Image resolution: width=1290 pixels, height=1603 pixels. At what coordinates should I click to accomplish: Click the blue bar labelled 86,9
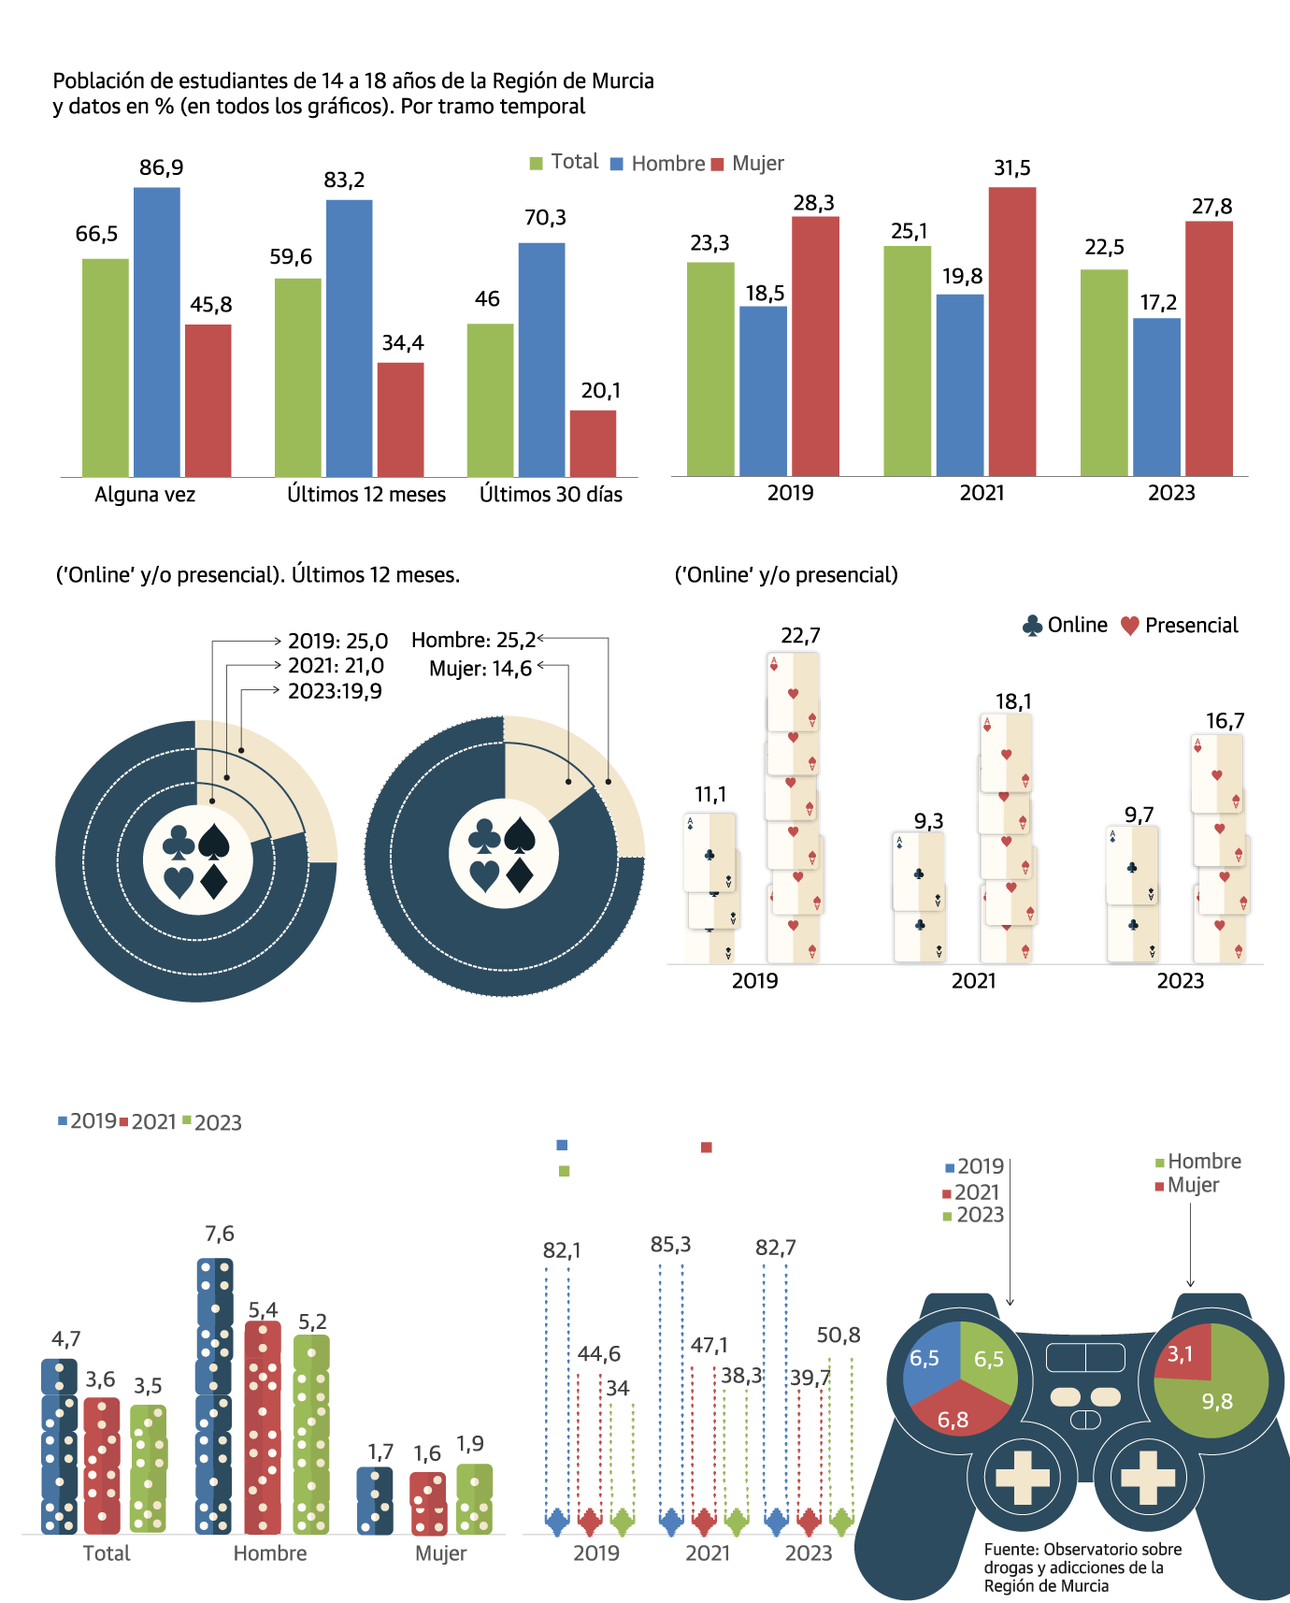coord(157,332)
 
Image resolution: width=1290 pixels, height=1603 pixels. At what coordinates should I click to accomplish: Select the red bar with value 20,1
coord(593,443)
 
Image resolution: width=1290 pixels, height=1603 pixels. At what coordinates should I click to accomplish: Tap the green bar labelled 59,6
coord(297,378)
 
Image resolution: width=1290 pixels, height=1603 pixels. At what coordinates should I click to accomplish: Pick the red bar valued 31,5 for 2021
coord(1012,332)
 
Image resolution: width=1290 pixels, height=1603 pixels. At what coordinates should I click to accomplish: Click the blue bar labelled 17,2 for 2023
coord(1156,397)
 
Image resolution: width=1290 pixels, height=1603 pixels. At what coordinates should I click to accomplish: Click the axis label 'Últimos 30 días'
coord(551,495)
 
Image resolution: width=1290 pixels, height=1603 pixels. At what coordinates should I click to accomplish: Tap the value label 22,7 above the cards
coord(800,636)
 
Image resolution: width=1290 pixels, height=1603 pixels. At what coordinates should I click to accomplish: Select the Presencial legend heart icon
coord(1130,626)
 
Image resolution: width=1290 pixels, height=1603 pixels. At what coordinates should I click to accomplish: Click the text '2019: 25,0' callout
coord(337,642)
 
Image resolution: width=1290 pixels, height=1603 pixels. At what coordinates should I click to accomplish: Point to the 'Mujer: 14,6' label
coord(480,669)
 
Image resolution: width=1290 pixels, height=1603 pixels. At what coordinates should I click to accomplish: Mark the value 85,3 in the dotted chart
coord(670,1245)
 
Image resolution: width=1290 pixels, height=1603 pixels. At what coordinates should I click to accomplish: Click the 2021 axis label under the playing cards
coord(973,981)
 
